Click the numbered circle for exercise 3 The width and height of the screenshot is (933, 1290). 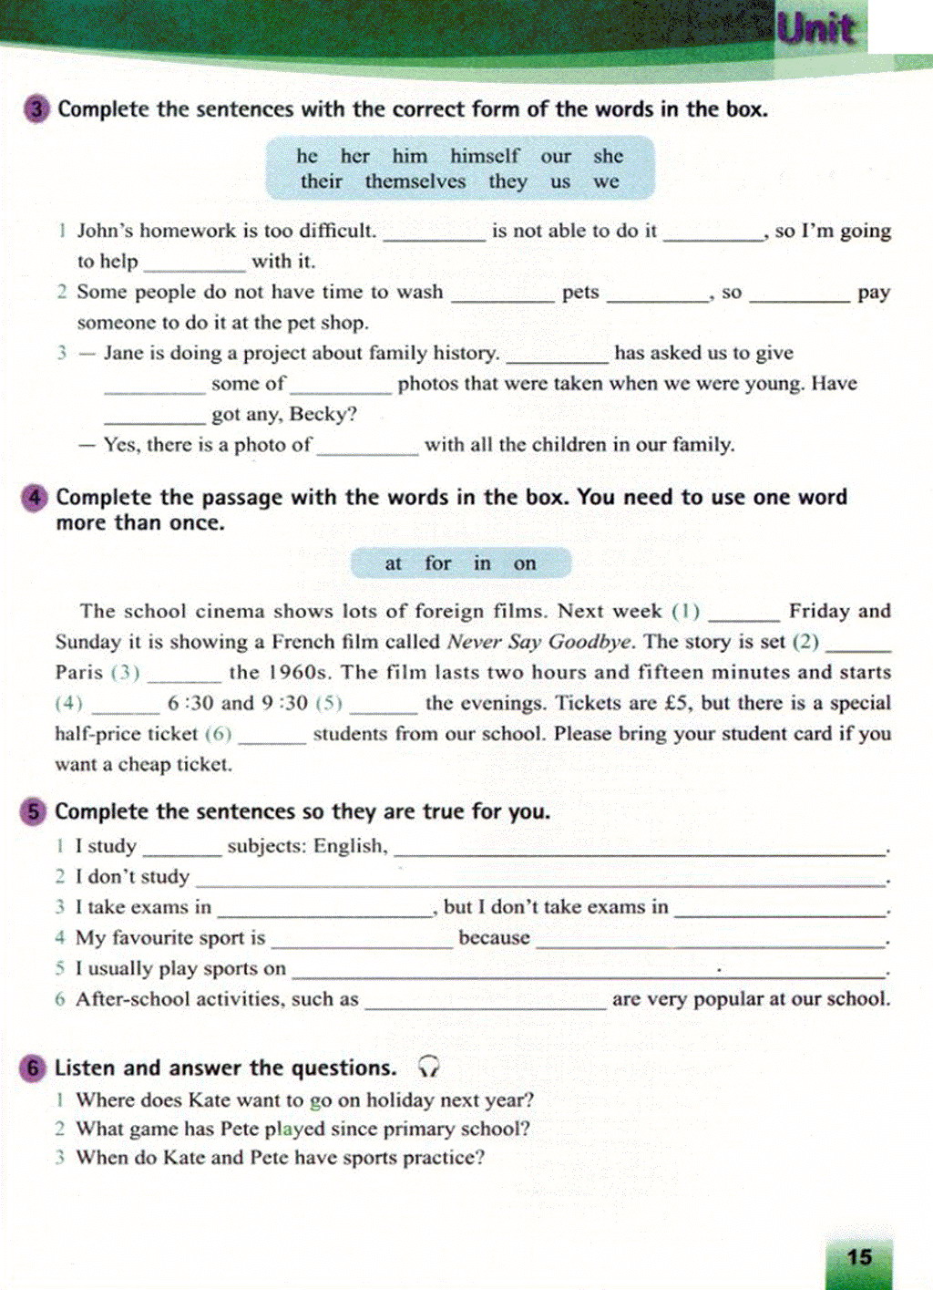[x=36, y=110]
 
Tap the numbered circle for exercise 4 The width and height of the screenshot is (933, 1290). [x=34, y=498]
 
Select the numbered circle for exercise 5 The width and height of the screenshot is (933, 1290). [x=33, y=811]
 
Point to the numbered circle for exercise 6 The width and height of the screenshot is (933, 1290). [x=33, y=1068]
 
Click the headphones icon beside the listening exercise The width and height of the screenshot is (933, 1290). [x=428, y=1067]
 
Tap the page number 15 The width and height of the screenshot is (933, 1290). [x=859, y=1257]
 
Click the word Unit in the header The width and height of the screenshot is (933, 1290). [x=815, y=28]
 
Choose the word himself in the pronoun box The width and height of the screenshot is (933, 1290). [x=485, y=156]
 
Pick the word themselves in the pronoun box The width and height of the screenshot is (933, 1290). [x=415, y=181]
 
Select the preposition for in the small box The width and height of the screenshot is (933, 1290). [x=437, y=563]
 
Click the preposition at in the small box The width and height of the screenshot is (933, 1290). [x=393, y=563]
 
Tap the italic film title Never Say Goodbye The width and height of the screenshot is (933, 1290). [x=539, y=642]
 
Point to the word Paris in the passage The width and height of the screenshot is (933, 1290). [x=79, y=673]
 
